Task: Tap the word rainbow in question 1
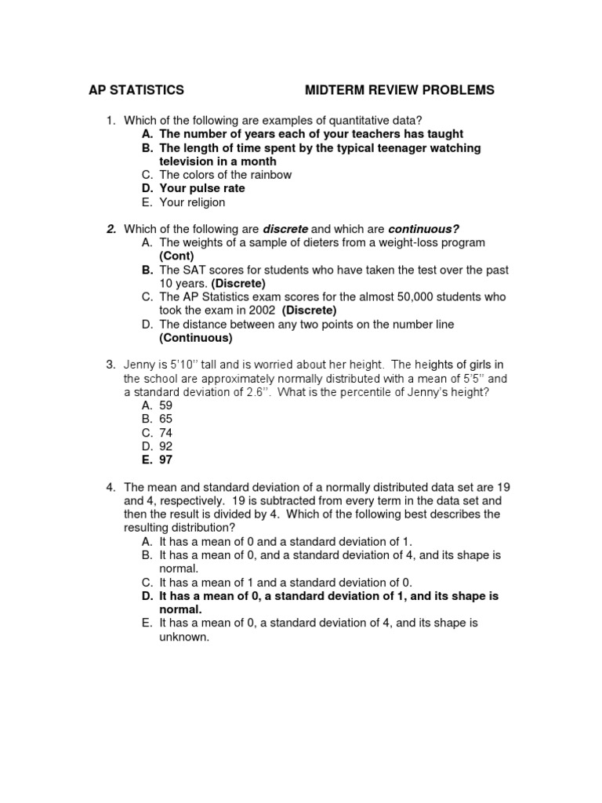270,175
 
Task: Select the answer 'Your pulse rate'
202,188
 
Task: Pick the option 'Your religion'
192,202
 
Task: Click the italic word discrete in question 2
285,229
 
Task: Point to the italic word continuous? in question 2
422,229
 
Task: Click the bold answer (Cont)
176,256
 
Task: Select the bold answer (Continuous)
196,338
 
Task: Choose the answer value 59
165,405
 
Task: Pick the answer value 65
165,419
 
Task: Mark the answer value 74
165,433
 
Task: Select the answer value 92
165,446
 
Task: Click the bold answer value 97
165,460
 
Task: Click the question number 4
111,487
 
